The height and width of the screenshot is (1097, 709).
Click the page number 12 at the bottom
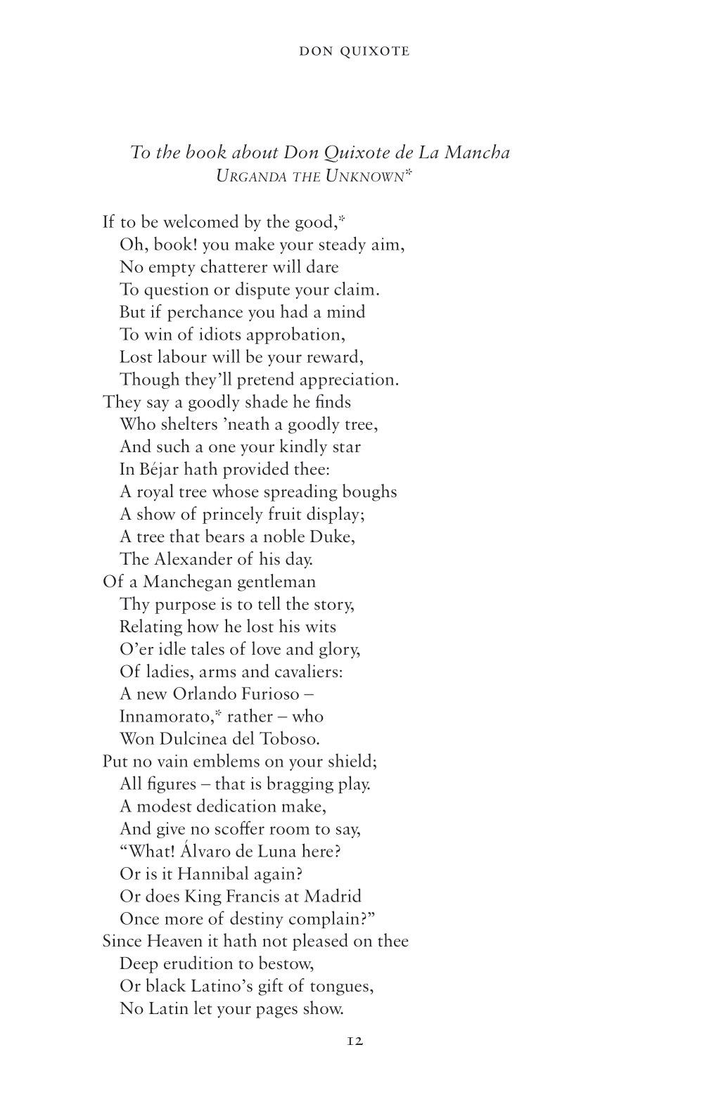tap(354, 1041)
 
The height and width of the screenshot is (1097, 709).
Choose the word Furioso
tap(270, 694)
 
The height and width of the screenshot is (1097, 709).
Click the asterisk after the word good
tap(341, 219)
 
